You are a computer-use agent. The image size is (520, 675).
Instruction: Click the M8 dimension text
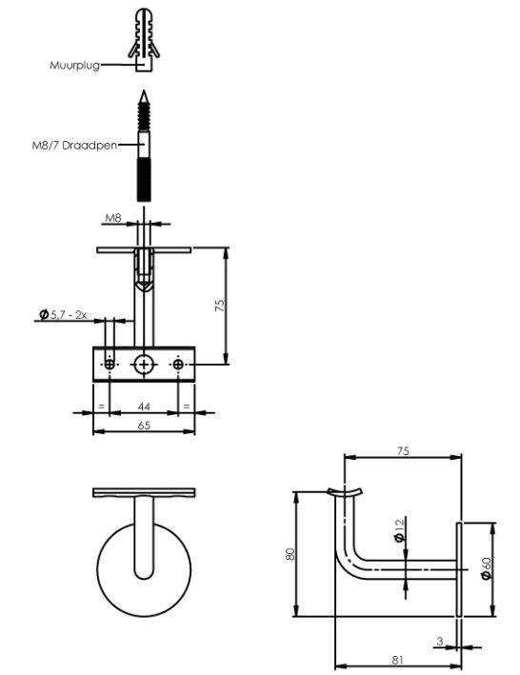coord(112,217)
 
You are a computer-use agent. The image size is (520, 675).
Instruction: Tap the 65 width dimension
coord(144,426)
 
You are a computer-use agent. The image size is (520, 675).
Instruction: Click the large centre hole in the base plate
coord(144,364)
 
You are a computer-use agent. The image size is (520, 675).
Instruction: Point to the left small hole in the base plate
coord(110,364)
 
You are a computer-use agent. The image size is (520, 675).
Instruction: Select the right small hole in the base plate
coord(178,364)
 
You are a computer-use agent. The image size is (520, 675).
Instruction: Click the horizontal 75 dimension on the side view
coord(403,452)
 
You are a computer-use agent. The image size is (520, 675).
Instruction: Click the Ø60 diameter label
coord(488,568)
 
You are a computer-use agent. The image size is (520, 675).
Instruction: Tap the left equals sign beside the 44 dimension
coord(101,407)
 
